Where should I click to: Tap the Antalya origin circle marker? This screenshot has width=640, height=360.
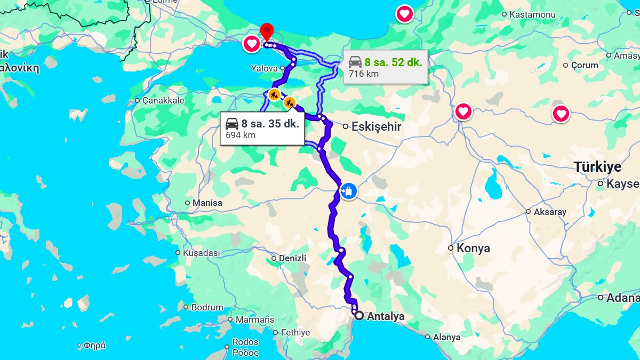click(359, 315)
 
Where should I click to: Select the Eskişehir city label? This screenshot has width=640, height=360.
click(376, 127)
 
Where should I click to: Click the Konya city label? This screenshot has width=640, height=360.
click(473, 248)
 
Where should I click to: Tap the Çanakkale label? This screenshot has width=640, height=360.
click(163, 100)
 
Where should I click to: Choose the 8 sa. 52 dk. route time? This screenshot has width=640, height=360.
click(393, 62)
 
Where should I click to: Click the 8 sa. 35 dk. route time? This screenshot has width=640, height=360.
click(270, 124)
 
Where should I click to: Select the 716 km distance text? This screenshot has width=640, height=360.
click(364, 74)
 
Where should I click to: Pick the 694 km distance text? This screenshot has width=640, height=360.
click(241, 135)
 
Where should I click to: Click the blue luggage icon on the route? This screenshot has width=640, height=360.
click(348, 191)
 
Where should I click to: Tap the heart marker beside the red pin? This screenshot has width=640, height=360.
click(251, 44)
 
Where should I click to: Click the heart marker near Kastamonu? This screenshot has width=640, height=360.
click(405, 14)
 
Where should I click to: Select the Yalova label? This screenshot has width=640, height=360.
click(265, 68)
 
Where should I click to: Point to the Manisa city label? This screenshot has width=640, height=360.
click(207, 203)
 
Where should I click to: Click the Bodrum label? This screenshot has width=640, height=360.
click(207, 307)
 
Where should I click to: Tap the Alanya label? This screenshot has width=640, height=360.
click(446, 337)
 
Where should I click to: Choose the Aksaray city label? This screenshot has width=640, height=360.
click(550, 212)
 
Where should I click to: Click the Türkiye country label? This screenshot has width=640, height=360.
click(598, 167)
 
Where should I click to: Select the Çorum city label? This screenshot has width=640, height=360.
click(585, 65)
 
